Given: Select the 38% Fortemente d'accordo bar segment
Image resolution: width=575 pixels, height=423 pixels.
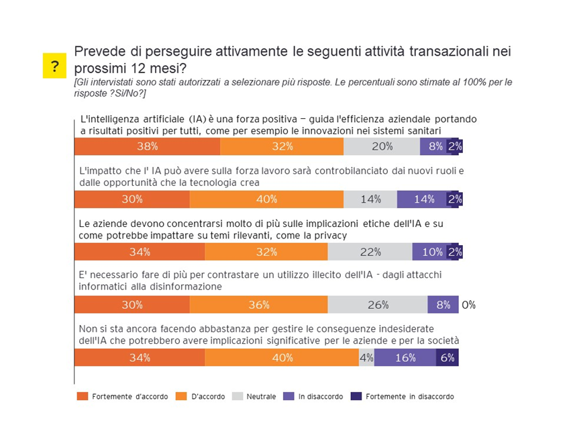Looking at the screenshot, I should (147, 146).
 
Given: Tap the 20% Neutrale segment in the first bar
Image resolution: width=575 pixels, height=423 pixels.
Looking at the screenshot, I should (382, 146).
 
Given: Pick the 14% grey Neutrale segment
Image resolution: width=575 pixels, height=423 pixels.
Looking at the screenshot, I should (370, 199).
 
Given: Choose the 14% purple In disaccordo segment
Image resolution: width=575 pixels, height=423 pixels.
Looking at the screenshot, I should (423, 199).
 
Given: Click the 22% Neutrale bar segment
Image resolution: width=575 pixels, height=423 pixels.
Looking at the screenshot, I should (370, 252).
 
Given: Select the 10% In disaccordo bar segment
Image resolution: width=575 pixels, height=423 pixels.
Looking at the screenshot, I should (431, 252).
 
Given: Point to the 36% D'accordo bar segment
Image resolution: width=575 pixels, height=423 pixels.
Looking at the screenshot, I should (259, 305).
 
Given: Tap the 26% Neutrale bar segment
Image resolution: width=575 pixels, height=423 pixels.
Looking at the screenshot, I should (378, 305).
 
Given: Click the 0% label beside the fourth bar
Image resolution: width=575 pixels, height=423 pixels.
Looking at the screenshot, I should (468, 305).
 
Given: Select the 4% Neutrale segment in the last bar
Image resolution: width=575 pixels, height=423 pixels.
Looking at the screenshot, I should (366, 358).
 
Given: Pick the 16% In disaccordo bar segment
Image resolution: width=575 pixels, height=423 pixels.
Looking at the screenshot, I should (405, 358).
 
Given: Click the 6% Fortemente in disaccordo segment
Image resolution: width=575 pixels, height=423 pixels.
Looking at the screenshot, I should (448, 358).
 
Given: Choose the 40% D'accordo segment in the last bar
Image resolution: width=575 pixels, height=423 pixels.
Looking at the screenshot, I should (282, 358).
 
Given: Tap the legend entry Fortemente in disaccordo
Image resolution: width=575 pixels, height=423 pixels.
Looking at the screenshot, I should (409, 396).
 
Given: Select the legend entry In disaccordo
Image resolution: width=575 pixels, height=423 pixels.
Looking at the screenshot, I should (321, 396).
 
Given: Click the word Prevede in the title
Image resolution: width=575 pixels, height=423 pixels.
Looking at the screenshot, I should (97, 51).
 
